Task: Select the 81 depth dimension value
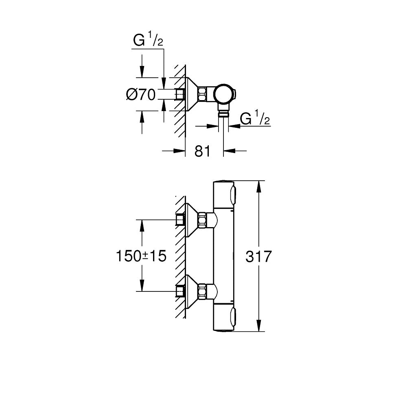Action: (202, 151)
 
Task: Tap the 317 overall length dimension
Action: (259, 257)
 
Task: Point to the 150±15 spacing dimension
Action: (141, 256)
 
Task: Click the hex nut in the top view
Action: (203, 94)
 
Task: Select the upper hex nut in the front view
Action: (203, 220)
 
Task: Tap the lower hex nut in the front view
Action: (203, 291)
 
